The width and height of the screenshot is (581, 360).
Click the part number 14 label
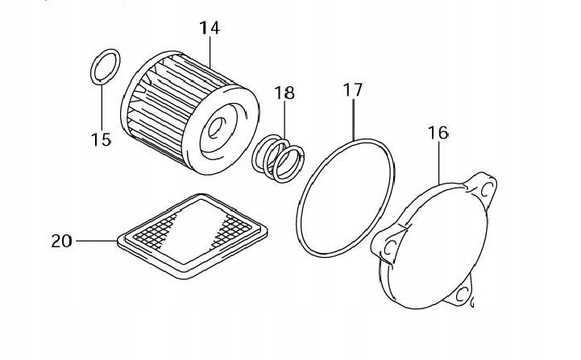pyautogui.click(x=210, y=28)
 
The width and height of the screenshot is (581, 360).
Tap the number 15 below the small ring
pyautogui.click(x=101, y=140)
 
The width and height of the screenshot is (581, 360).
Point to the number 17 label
pyautogui.click(x=352, y=90)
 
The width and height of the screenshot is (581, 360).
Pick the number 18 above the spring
pyautogui.click(x=284, y=93)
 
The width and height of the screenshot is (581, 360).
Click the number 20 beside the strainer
pyautogui.click(x=61, y=240)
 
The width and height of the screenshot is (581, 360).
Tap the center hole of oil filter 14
pyautogui.click(x=218, y=126)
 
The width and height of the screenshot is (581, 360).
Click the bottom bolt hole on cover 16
pyautogui.click(x=463, y=296)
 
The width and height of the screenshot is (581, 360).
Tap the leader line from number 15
pyautogui.click(x=102, y=105)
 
